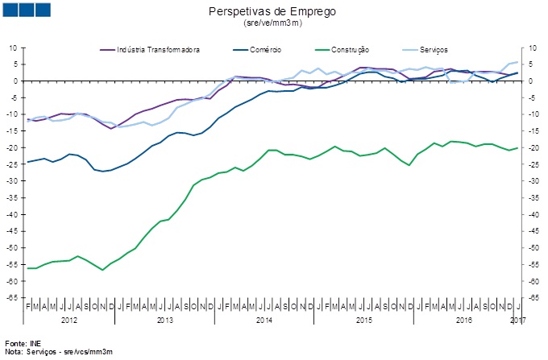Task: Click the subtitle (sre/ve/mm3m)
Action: click(272, 23)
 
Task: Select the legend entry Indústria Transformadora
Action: click(158, 50)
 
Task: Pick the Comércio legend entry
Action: click(265, 50)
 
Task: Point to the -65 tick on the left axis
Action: click(13, 298)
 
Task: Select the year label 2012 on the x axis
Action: click(70, 321)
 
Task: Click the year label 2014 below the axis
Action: click(264, 321)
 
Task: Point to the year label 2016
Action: click(463, 321)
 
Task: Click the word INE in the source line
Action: click(35, 344)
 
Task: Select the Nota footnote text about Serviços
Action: click(58, 353)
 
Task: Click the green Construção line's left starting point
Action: click(28, 268)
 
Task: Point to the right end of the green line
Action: click(517, 147)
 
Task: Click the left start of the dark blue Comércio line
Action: click(28, 162)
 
